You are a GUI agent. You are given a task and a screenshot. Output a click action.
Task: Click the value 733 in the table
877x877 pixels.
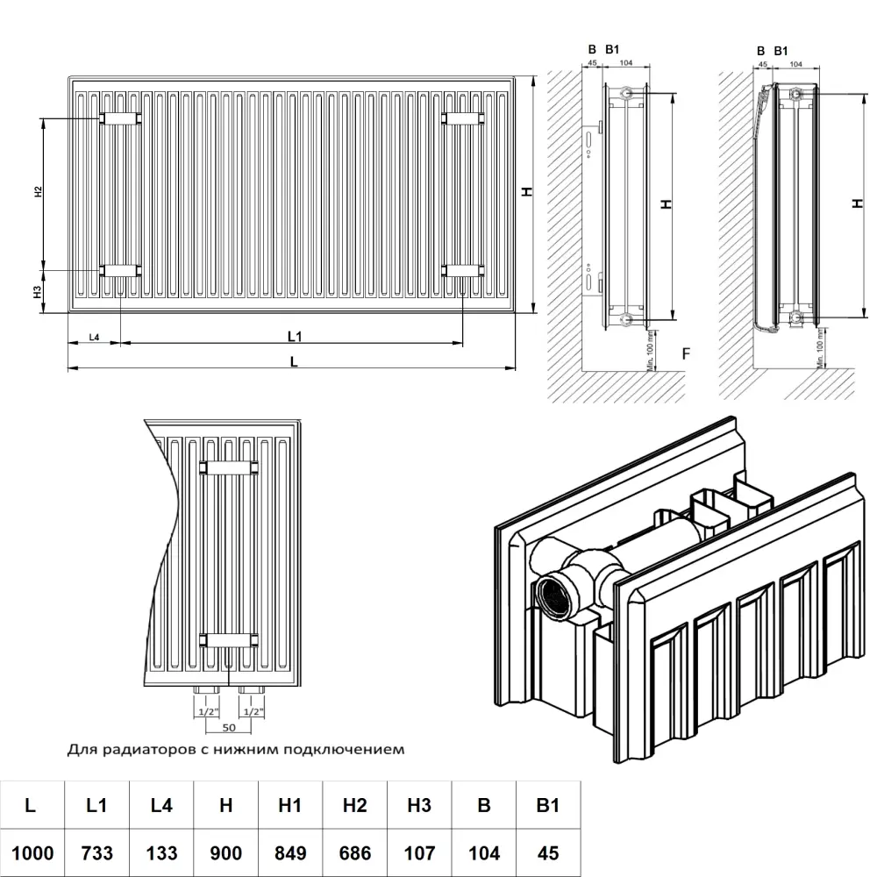click(96, 852)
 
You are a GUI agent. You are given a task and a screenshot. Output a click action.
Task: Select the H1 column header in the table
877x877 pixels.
click(289, 805)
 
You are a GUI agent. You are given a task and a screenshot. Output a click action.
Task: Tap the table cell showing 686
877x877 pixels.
click(354, 852)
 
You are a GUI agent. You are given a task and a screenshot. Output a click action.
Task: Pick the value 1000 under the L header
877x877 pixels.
click(32, 852)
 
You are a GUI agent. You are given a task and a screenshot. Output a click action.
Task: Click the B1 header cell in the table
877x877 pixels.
click(547, 805)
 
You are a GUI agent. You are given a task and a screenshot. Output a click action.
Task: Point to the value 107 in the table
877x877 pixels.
click(419, 852)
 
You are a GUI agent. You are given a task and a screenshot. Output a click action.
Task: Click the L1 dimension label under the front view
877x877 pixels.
click(295, 335)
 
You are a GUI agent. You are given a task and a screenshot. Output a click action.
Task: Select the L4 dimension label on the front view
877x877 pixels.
click(94, 338)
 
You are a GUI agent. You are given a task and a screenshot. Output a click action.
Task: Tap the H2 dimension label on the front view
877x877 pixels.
click(38, 193)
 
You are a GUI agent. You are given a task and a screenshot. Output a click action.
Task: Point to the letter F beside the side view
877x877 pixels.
click(687, 354)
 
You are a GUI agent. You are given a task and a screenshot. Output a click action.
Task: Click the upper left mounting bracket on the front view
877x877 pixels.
click(119, 118)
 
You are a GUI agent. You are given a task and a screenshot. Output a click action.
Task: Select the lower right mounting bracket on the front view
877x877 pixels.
click(463, 270)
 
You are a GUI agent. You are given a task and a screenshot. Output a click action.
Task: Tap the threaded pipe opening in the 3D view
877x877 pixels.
click(556, 593)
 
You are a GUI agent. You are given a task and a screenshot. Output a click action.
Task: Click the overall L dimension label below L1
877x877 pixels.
click(295, 360)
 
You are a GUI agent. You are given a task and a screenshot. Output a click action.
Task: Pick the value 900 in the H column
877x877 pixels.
click(225, 852)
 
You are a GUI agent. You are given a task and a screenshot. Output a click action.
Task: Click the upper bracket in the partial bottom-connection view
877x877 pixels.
click(228, 467)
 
